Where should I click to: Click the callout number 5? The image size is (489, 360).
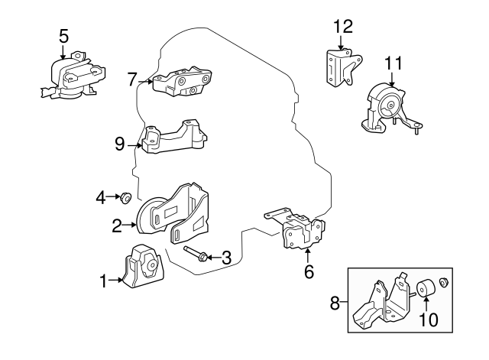(63, 34)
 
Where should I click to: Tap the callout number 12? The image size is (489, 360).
(343, 27)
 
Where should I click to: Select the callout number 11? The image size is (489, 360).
(393, 63)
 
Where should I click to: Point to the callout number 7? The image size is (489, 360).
(132, 79)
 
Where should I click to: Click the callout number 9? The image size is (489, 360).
(119, 142)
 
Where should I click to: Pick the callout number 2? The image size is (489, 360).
(117, 225)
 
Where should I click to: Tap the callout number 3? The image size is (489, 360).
(225, 258)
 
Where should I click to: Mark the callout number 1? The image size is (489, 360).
(103, 283)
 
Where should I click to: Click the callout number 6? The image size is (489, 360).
(309, 271)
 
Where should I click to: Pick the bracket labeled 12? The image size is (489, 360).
(339, 66)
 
